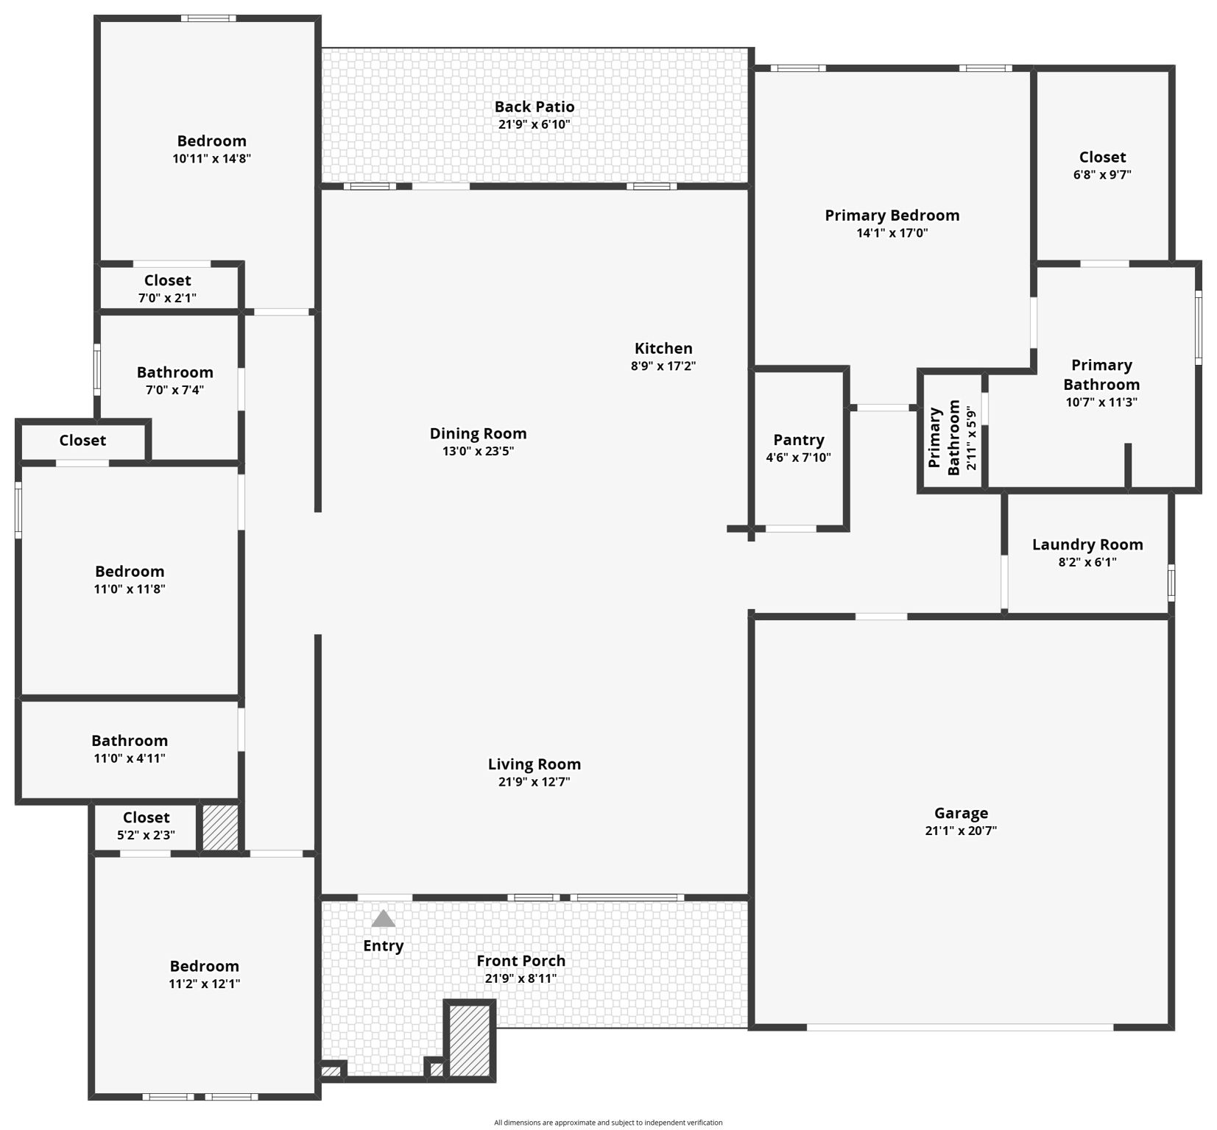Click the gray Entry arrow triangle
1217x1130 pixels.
coord(383,919)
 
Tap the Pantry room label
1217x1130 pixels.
coord(798,440)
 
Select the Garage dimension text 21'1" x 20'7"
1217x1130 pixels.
coord(961,831)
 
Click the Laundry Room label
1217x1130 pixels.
coord(1087,544)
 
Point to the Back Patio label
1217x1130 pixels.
coord(534,107)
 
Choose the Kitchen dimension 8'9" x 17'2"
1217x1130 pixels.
coord(663,366)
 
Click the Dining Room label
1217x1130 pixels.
coord(478,433)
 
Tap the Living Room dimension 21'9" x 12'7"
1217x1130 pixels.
coord(534,781)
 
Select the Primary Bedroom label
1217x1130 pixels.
coord(892,215)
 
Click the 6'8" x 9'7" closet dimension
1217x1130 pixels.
coord(1101,174)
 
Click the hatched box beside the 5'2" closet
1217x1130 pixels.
coord(220,828)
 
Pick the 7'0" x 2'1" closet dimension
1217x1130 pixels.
coord(167,298)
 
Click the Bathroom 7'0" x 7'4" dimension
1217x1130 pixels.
coord(174,390)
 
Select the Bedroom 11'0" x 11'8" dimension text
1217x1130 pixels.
coord(130,589)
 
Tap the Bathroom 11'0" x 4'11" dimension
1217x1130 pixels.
coord(130,758)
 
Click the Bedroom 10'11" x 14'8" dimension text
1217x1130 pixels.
coord(211,158)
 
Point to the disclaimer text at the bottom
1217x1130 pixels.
coord(608,1123)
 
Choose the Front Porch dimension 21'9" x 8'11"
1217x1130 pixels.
coord(521,978)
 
